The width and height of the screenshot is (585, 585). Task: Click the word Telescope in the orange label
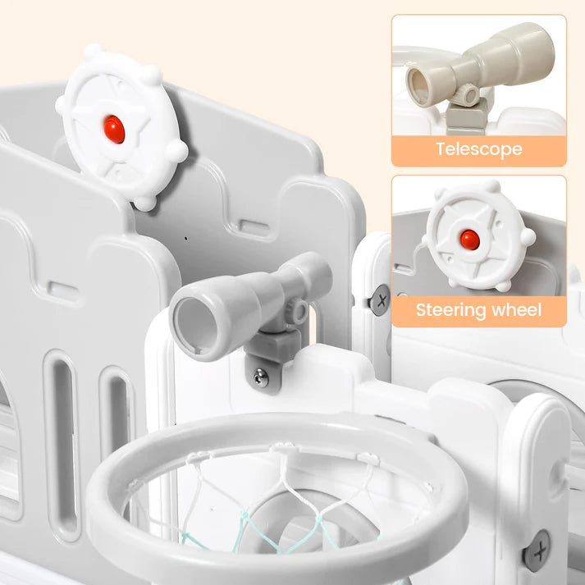tap(478, 149)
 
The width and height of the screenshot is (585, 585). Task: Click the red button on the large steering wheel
tap(114, 129)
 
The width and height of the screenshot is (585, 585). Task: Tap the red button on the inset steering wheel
tap(469, 240)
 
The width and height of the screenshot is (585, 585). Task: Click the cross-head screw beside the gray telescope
tap(381, 300)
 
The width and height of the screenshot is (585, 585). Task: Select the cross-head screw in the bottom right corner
tap(537, 551)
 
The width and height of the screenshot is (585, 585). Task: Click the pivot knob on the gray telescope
tap(299, 310)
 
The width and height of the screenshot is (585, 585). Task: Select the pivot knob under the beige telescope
tap(468, 94)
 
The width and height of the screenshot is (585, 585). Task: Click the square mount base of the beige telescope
tap(466, 117)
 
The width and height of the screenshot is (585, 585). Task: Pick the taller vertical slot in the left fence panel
tap(62, 444)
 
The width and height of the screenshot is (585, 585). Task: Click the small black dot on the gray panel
tap(186, 239)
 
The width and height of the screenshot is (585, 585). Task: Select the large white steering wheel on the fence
tap(121, 127)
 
